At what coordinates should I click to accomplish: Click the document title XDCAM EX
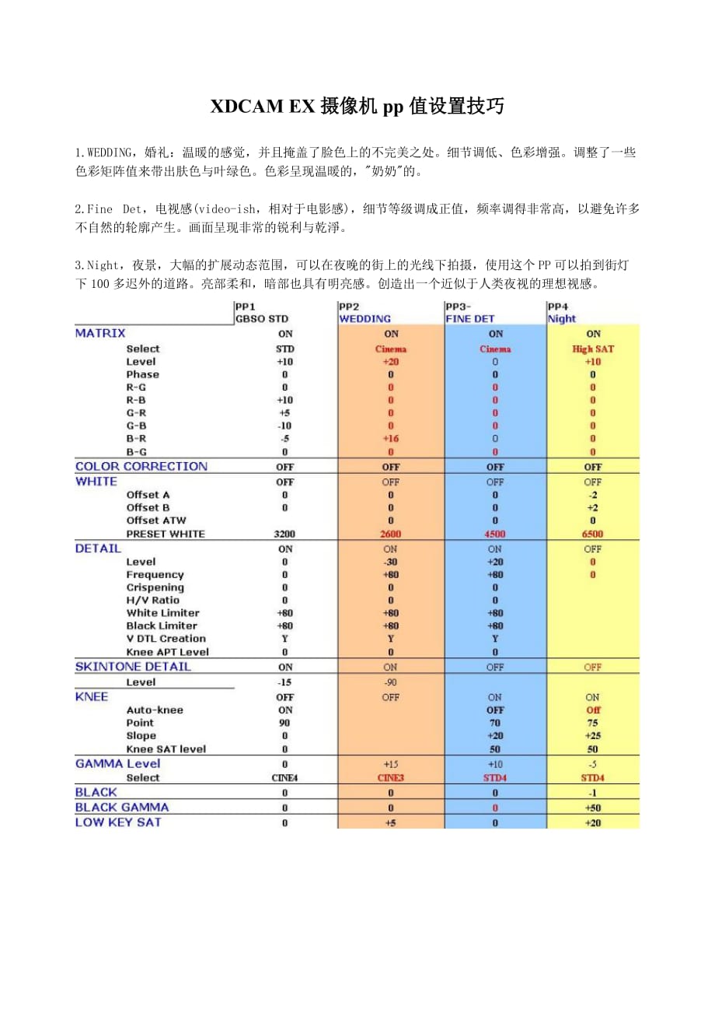coord(357,107)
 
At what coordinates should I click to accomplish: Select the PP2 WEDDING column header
coord(365,313)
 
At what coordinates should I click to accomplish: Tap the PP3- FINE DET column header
coord(470,313)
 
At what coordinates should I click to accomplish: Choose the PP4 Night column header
coord(562,313)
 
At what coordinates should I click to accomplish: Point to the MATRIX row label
coord(100,333)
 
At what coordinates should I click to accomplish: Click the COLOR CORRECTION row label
coord(141,466)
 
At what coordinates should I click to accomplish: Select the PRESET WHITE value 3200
coord(285,534)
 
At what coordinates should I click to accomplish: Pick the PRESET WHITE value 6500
coord(592,534)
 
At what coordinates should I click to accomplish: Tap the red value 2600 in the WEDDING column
coord(390,534)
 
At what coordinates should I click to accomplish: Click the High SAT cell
coord(592,349)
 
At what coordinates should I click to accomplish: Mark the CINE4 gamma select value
coord(285,777)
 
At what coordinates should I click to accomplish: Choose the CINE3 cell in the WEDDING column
coord(390,777)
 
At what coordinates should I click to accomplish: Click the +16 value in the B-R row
coord(390,439)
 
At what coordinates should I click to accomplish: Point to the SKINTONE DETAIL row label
coord(133,666)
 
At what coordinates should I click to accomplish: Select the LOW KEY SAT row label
coord(118,822)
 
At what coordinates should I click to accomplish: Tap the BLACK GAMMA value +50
coord(592,808)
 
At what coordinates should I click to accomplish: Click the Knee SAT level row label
coord(166,748)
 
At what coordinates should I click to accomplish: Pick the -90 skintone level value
coord(390,682)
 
